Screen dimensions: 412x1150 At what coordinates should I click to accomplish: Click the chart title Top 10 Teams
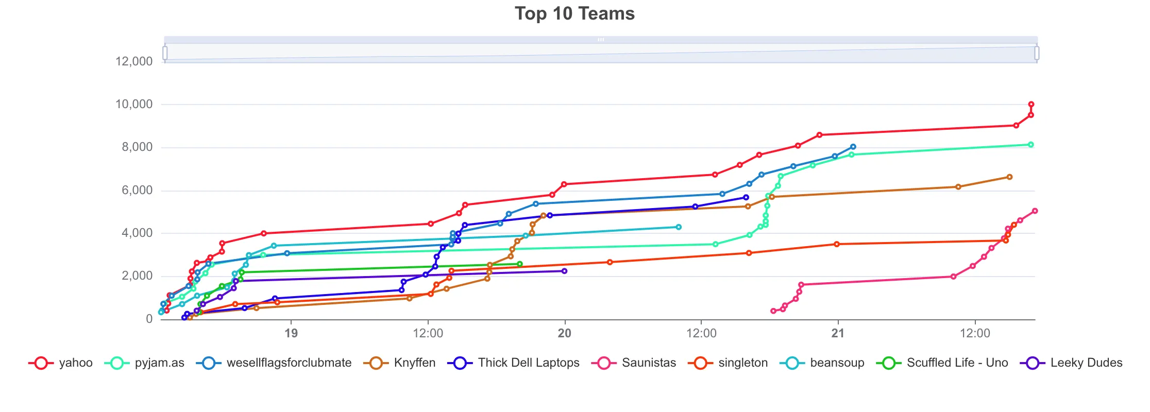coord(574,14)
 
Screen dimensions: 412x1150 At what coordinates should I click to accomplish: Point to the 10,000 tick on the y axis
coord(134,105)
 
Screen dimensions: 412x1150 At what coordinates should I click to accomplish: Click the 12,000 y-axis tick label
coord(134,61)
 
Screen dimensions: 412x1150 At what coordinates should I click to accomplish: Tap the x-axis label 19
coord(291,333)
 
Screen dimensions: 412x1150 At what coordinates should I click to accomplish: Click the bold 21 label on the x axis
coord(838,333)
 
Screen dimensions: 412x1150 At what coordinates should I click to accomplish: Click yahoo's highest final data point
coord(1031,105)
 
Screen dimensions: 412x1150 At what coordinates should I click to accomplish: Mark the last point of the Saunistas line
coord(1035,211)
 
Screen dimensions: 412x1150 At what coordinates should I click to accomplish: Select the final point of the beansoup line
coord(679,227)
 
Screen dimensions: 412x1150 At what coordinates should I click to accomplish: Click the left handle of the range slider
coord(165,53)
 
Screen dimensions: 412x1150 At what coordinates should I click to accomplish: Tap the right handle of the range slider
coord(1037,53)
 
